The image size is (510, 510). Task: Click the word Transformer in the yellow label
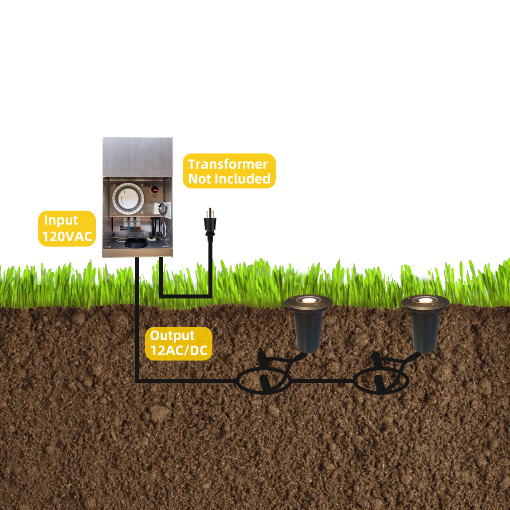coord(228,164)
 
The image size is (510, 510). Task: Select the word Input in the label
coord(61,221)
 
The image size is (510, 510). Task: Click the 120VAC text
coord(67,236)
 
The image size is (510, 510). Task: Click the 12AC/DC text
coord(179,351)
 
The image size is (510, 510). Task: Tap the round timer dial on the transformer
coord(128,198)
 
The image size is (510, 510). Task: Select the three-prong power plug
coord(210,224)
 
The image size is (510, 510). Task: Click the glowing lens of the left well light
coord(309,300)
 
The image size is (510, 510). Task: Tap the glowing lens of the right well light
coord(425,300)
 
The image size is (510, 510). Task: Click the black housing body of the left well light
coord(308,330)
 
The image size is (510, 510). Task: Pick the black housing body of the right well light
coord(425,330)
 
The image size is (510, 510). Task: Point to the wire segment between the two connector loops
coord(322,381)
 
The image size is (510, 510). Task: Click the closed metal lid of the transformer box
coord(137,157)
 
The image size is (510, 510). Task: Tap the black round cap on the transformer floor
coord(136,243)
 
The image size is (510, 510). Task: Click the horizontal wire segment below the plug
coord(186,296)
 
